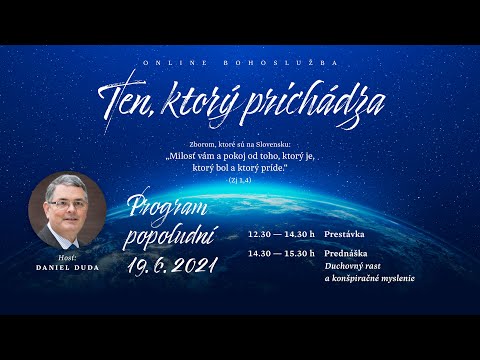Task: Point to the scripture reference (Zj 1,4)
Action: [239, 182]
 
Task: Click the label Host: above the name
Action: [68, 257]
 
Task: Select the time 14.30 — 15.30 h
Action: [281, 255]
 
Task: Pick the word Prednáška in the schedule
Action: [344, 255]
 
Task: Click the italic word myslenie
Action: [393, 278]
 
